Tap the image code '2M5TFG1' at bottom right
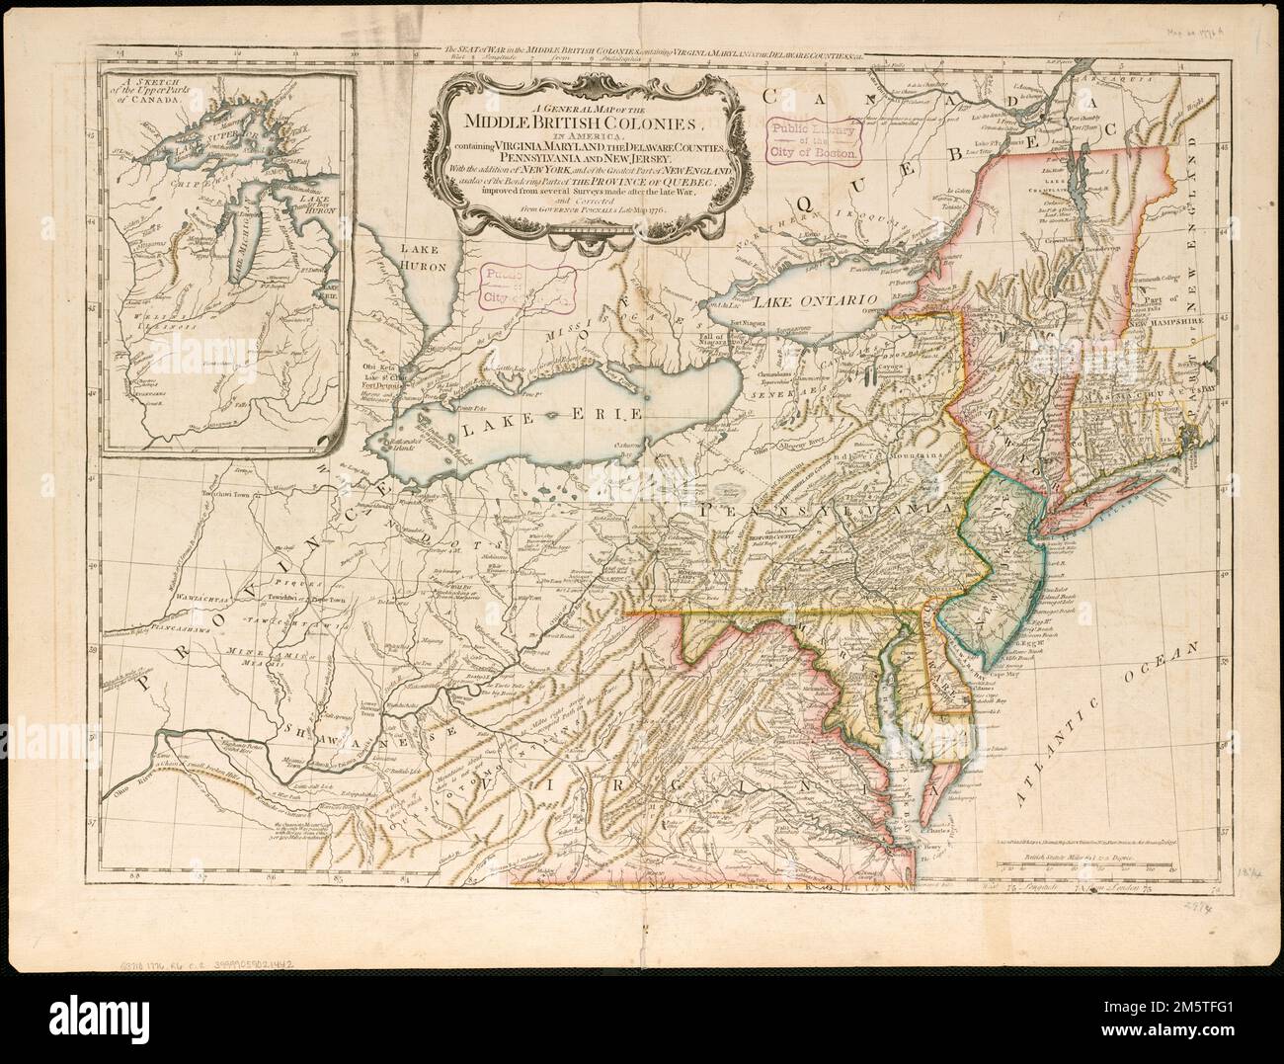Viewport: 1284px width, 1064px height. tap(1221, 1027)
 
